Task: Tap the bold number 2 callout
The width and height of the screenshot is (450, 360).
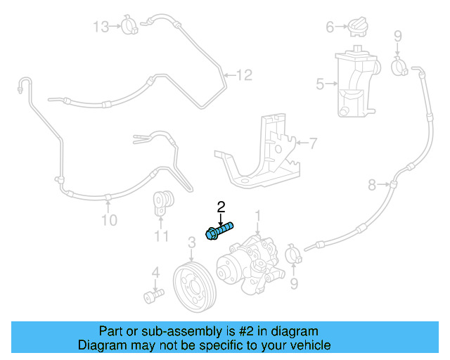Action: coord(221,206)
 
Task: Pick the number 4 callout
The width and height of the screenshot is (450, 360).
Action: coord(155,271)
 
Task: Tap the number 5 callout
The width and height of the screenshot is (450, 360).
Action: coord(320,85)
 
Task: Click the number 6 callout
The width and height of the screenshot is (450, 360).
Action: coord(329,27)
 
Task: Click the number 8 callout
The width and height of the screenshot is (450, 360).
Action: coord(372,186)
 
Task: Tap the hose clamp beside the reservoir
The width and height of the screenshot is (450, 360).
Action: coord(399,67)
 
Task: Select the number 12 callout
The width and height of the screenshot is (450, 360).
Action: coord(243,75)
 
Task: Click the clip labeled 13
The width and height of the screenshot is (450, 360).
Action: coord(129,27)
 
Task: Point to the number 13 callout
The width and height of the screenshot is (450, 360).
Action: coord(102,27)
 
